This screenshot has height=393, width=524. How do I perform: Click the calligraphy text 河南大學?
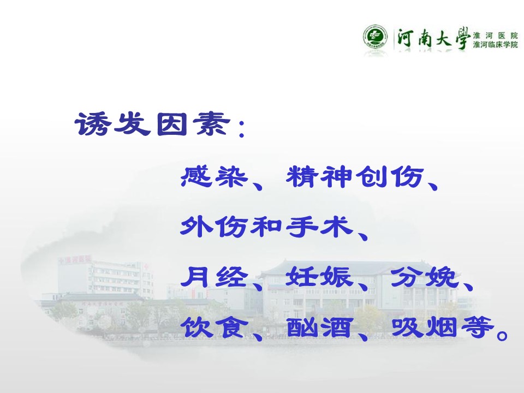[x=433, y=38]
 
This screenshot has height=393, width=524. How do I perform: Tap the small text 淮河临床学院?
[x=495, y=44]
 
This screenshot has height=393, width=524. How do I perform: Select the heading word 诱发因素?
[x=152, y=124]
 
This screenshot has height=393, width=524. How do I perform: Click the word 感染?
[x=214, y=176]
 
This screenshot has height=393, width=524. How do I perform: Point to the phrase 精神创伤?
[x=355, y=176]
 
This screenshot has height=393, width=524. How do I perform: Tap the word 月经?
[x=214, y=277]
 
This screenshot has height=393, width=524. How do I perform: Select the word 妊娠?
[x=319, y=277]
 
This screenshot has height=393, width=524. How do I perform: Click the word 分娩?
[x=425, y=277]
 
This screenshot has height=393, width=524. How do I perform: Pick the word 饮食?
[x=214, y=327]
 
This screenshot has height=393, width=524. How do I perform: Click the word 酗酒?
[x=319, y=327]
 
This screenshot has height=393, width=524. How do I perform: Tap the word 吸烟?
[x=425, y=327]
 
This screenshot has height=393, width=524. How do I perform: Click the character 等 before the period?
[x=477, y=327]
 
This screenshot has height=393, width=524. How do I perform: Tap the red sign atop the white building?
[x=75, y=259]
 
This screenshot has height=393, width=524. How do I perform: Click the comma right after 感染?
[x=258, y=184]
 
